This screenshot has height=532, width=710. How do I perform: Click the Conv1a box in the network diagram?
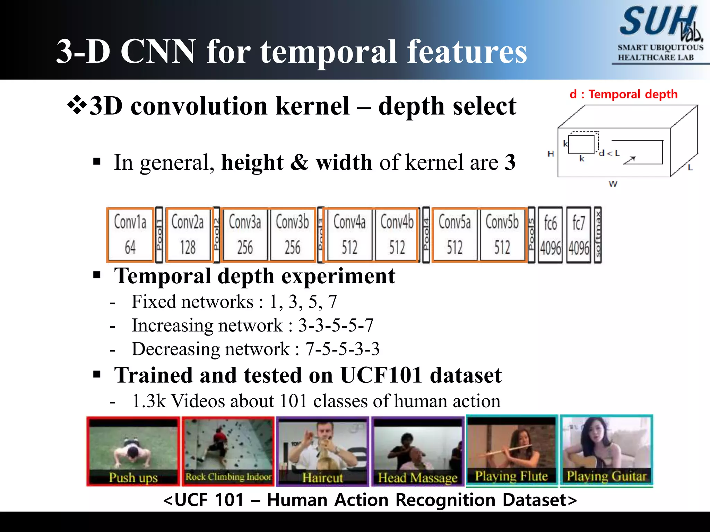[x=130, y=234]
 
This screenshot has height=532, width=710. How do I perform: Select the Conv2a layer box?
[x=188, y=234]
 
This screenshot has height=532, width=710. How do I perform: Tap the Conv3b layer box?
[x=292, y=234]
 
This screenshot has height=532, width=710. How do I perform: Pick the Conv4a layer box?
[x=349, y=234]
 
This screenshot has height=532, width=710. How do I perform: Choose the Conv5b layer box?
[x=502, y=234]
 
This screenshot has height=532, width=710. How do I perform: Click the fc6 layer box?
[x=550, y=234]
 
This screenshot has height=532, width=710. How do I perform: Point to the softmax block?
[x=597, y=234]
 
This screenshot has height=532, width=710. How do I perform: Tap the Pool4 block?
[x=426, y=234]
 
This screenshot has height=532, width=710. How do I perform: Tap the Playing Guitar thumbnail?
[x=606, y=450]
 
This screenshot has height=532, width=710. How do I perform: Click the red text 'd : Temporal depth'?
[x=623, y=94]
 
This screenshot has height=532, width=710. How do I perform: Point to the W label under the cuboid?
[x=613, y=184]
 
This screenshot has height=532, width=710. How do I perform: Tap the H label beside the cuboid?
[x=551, y=153]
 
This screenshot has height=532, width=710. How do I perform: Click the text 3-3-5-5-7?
[x=336, y=325]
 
